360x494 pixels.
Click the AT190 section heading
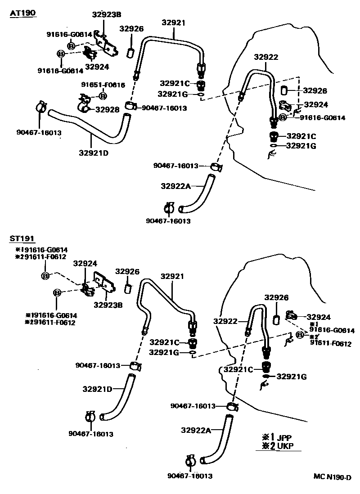point(23,13)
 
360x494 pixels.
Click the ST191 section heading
point(22,238)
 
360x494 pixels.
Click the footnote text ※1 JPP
point(277,437)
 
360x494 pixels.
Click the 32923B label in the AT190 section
point(107,14)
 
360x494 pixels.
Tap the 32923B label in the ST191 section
point(109,304)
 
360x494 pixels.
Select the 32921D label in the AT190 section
point(94,153)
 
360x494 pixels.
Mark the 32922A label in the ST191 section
point(196,430)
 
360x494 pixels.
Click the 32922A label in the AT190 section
point(175,186)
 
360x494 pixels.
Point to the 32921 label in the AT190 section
point(173,22)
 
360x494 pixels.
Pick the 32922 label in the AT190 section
point(265,57)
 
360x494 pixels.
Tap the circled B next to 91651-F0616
point(103,96)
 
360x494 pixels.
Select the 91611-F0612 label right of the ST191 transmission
point(331,343)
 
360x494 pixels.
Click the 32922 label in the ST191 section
point(225,321)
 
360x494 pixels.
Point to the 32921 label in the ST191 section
point(173,276)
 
